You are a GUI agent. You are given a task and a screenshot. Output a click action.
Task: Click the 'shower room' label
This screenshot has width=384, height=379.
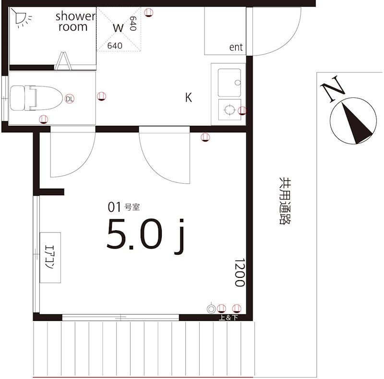coord(75,22)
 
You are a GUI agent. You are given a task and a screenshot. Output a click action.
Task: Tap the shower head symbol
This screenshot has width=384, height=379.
coord(20,18)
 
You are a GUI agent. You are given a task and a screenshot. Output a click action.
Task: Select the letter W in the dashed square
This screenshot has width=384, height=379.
coord(118,27)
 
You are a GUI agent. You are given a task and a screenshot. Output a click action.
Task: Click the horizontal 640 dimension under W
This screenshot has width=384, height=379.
coord(115,46)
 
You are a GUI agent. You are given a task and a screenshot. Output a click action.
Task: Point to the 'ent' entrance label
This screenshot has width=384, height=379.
coord(236,47)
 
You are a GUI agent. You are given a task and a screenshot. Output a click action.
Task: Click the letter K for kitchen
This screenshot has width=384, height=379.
coord(188,97)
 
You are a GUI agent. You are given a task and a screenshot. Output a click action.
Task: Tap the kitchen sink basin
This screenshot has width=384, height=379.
coord(229,83)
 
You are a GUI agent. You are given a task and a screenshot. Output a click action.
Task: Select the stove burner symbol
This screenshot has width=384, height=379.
coord(229,110)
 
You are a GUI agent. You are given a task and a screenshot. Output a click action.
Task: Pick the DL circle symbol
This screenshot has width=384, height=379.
coord(70,99)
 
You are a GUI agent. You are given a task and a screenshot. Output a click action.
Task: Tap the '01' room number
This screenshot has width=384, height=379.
coord(114,207)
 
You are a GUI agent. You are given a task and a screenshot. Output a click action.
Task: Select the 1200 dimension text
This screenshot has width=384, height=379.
coord(240,272)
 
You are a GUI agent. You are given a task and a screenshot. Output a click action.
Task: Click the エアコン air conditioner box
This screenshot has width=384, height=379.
coord(50,258)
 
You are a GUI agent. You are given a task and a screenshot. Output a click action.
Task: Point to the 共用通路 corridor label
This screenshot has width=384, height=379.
coord(285,201)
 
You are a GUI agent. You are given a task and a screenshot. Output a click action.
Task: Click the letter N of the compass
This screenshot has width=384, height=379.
coord(333,89)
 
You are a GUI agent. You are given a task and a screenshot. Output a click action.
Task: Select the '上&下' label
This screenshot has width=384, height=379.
coord(228,318)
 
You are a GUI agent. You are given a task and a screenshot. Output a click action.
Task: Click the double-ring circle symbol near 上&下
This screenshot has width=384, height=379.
coord(211,309)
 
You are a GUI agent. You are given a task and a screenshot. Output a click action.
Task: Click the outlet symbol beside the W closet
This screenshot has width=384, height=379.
coord(149,12)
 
